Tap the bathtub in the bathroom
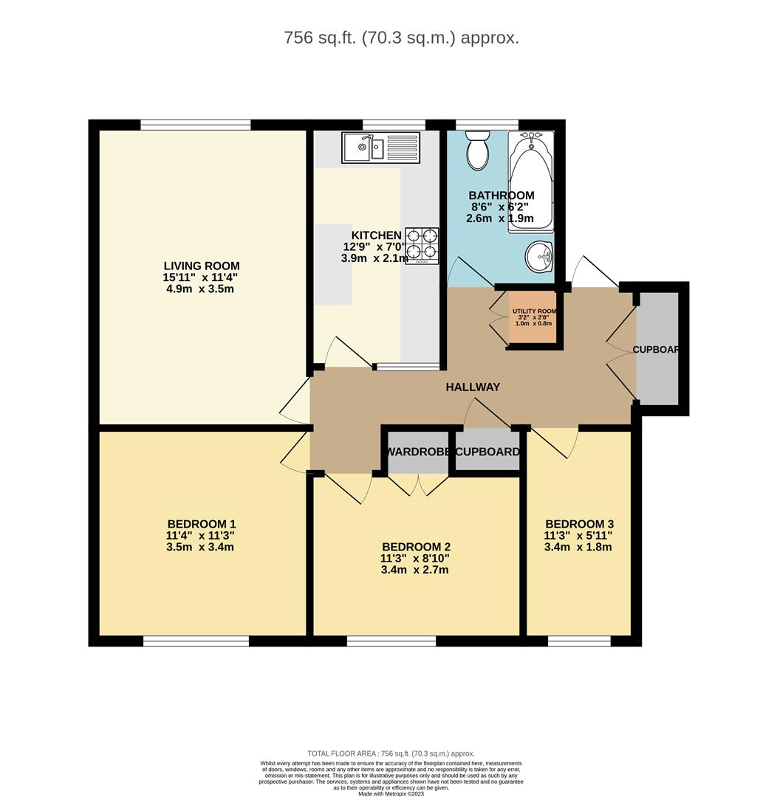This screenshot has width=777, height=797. coord(530,182)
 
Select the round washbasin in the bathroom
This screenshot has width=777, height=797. coord(539,257)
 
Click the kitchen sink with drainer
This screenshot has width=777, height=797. coord(380,148)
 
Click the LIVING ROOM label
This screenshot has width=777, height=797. coord(202,266)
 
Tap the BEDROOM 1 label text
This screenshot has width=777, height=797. coord(202,524)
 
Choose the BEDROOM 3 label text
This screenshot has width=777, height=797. coord(579,524)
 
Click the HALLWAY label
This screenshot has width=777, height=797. coord(473,387)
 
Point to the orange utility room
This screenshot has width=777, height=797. coord(533,318)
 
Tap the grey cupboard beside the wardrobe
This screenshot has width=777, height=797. coord(487,452)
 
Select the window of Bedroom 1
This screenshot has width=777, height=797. coord(196,641)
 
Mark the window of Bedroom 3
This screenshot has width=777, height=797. coord(579,641)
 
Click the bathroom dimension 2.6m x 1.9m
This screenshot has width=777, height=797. coord(500,218)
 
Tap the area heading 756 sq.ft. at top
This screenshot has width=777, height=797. coord(401,38)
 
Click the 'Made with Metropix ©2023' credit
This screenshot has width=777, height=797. coord(391,793)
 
